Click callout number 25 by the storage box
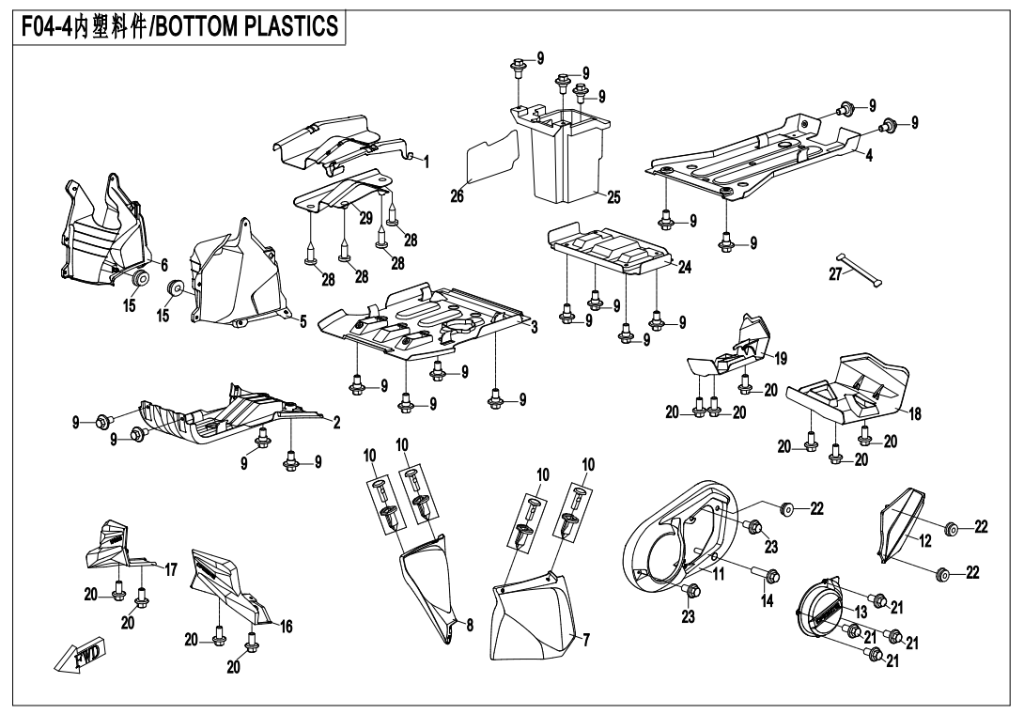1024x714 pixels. pyautogui.click(x=613, y=197)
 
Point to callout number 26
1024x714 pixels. pyautogui.click(x=458, y=196)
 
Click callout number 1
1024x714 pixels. pyautogui.click(x=426, y=162)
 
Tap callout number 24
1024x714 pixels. pyautogui.click(x=684, y=268)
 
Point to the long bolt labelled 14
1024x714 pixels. pyautogui.click(x=762, y=574)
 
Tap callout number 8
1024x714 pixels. pyautogui.click(x=469, y=623)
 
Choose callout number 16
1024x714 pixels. pyautogui.click(x=286, y=627)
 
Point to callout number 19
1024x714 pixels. pyautogui.click(x=781, y=358)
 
